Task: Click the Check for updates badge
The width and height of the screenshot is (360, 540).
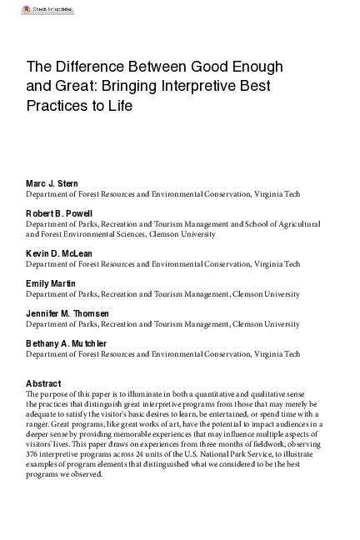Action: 47,9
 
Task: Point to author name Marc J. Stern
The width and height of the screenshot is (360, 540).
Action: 52,183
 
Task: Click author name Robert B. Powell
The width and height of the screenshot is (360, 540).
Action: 59,213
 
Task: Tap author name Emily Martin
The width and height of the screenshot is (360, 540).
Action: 50,283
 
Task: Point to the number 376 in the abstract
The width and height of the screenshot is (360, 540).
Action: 35,455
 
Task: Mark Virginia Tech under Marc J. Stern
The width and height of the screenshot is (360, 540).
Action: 280,194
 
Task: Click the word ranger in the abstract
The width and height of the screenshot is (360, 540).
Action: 40,424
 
